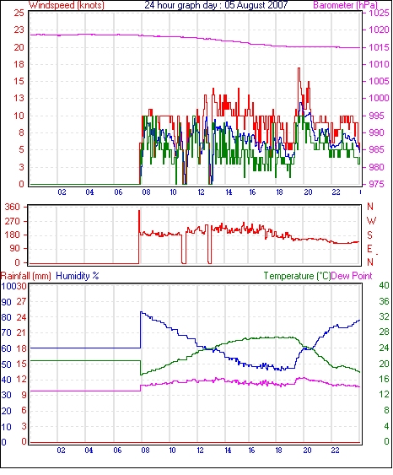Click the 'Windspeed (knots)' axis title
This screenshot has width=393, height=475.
point(67,5)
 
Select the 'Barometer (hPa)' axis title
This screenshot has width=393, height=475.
point(345,5)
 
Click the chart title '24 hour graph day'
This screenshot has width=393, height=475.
point(180,5)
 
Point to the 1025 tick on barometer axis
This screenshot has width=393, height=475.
point(379,13)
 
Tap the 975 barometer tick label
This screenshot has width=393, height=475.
point(376,184)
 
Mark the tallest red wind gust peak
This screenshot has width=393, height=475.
point(299,68)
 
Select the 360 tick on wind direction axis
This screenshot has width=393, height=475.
point(13,208)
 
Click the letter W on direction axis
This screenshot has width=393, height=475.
point(371,220)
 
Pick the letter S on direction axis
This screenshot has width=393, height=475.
point(370,235)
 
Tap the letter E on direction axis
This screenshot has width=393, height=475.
point(369,249)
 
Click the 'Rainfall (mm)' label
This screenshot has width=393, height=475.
point(26,276)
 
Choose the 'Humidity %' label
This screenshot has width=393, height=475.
point(78,276)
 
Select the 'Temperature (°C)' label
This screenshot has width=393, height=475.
point(297,276)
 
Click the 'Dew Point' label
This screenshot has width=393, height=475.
point(352,276)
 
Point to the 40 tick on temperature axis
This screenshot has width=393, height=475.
point(384,286)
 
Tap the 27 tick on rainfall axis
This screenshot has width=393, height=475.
point(22,302)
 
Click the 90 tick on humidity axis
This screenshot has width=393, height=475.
point(7,302)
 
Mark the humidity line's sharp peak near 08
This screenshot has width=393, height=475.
point(141,311)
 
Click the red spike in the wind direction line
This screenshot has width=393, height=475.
point(139,211)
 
